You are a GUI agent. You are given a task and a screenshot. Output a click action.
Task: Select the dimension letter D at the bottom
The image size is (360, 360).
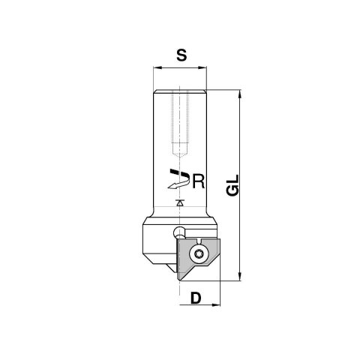(x=196, y=298)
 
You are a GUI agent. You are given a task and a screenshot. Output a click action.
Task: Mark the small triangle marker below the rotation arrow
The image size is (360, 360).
(x=178, y=203)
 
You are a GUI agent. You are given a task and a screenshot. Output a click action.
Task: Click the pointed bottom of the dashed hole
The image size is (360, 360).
(x=178, y=148)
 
